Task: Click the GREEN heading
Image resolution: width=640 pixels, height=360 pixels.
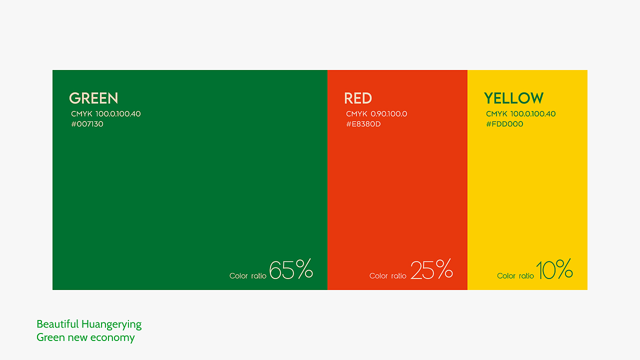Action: tap(93, 98)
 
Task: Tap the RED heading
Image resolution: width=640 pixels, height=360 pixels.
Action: tap(358, 98)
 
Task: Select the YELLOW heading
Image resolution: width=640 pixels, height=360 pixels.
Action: tap(513, 98)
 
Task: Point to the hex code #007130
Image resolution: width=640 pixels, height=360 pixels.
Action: tap(87, 124)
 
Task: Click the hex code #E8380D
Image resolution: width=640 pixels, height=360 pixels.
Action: tap(363, 124)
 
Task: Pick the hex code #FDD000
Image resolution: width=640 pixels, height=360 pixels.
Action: tap(504, 124)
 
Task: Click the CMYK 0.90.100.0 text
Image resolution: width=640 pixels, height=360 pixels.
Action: tap(376, 113)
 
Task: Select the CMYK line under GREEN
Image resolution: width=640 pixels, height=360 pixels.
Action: tap(106, 113)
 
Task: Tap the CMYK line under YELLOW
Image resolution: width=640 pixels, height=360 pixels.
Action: tap(521, 113)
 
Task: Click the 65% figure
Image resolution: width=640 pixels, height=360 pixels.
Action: tap(291, 269)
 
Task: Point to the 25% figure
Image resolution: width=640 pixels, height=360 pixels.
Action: tap(431, 269)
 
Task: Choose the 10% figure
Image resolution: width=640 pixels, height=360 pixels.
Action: tap(554, 269)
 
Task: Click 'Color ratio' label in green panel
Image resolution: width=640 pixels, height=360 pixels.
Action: tap(247, 275)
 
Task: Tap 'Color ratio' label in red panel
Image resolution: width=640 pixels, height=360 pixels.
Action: tap(387, 275)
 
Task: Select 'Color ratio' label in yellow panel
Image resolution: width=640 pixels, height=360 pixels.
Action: tap(515, 275)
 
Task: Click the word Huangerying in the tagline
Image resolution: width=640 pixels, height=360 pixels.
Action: tap(111, 324)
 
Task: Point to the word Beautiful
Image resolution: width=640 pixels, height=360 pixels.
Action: tap(57, 324)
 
